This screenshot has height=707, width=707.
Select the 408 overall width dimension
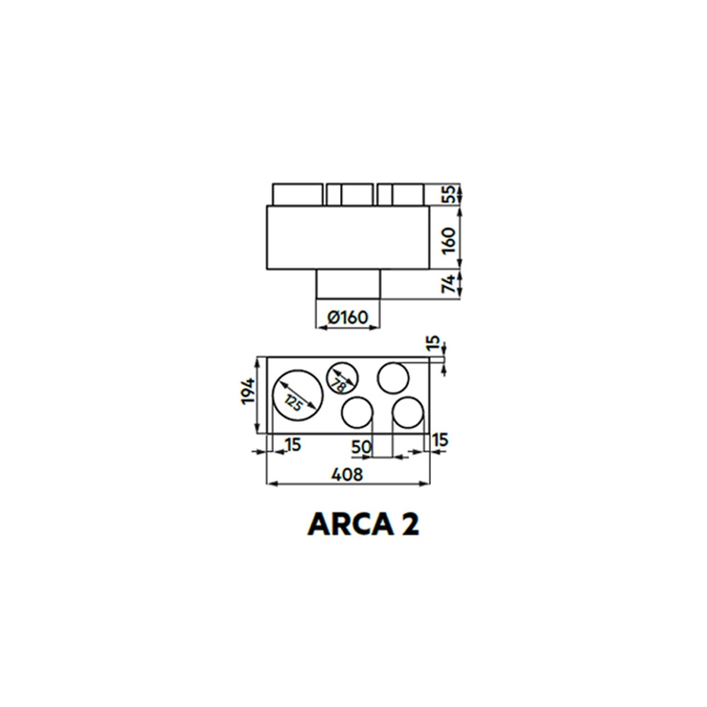348,474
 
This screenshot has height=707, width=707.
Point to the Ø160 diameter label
348,317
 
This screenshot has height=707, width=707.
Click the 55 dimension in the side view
447,195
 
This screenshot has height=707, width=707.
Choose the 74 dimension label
447,284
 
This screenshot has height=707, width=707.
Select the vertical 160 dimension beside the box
447,239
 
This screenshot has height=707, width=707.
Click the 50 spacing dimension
360,447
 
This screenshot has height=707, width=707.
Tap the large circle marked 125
297,394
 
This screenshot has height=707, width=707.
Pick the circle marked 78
341,379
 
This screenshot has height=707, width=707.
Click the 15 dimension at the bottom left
292,445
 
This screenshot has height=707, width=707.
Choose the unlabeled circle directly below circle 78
357,413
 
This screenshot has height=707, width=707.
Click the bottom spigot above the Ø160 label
348,286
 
